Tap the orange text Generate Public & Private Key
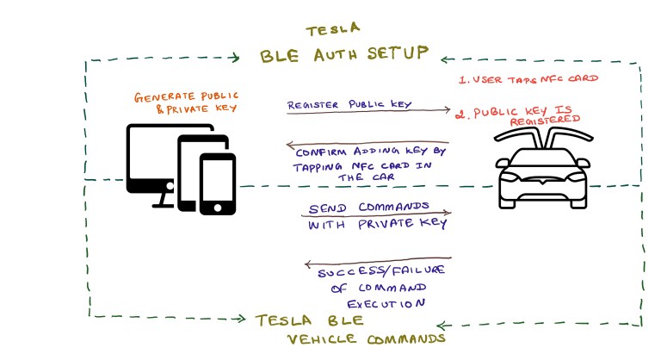point(185,101)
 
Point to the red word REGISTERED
point(543,122)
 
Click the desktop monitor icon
point(155,159)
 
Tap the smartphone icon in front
point(217,183)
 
